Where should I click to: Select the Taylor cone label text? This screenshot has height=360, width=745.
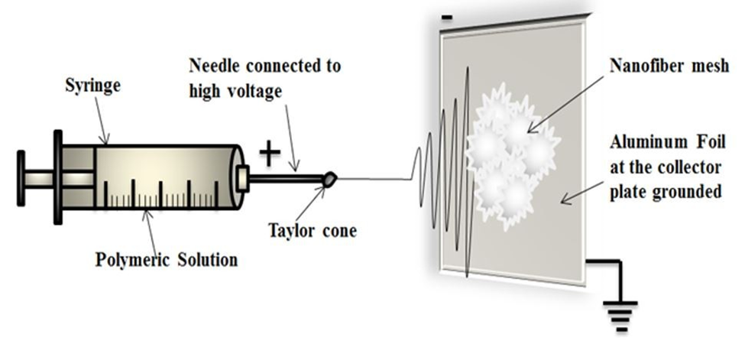coord(313,230)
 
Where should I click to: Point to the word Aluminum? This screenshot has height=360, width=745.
coord(641,142)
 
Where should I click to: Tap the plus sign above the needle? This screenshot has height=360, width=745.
coord(269,153)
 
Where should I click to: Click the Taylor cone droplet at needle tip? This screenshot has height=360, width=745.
coord(329,179)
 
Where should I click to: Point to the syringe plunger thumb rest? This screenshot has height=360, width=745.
coord(21,178)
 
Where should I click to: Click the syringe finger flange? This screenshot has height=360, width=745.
coord(57,177)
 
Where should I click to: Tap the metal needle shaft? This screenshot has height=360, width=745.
coord(287,180)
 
